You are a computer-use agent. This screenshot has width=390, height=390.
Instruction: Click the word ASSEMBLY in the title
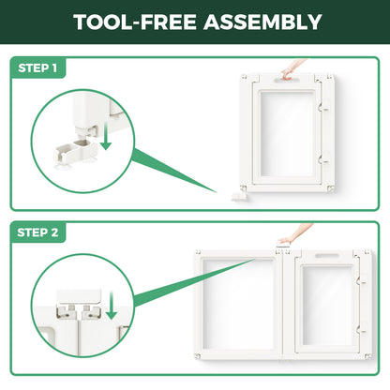point(262,22)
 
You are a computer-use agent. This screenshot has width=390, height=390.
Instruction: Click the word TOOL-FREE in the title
point(135,22)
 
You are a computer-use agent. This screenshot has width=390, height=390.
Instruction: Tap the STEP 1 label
point(37,67)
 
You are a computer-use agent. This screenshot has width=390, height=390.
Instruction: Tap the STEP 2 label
point(37,232)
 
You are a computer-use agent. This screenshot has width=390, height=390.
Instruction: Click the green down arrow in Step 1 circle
point(106,136)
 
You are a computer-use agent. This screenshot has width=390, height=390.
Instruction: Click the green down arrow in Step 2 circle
point(112,306)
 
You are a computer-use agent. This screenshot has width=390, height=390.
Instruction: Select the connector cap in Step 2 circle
point(79,296)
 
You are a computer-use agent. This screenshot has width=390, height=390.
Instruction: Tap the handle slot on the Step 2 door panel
point(327,256)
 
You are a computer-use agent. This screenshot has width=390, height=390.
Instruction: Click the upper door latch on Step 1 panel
point(324,107)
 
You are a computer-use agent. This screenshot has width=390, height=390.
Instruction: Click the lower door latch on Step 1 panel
point(324,158)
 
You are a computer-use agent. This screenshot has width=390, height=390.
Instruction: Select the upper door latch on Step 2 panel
point(362,279)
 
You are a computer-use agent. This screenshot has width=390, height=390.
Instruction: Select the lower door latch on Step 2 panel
point(362,328)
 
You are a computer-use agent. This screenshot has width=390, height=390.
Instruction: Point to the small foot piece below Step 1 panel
point(239,197)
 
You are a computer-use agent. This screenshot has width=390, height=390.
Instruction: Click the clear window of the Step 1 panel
point(288,133)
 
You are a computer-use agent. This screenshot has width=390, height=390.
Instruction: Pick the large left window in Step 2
point(239,304)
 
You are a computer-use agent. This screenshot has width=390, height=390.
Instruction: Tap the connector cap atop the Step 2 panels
point(283,246)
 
